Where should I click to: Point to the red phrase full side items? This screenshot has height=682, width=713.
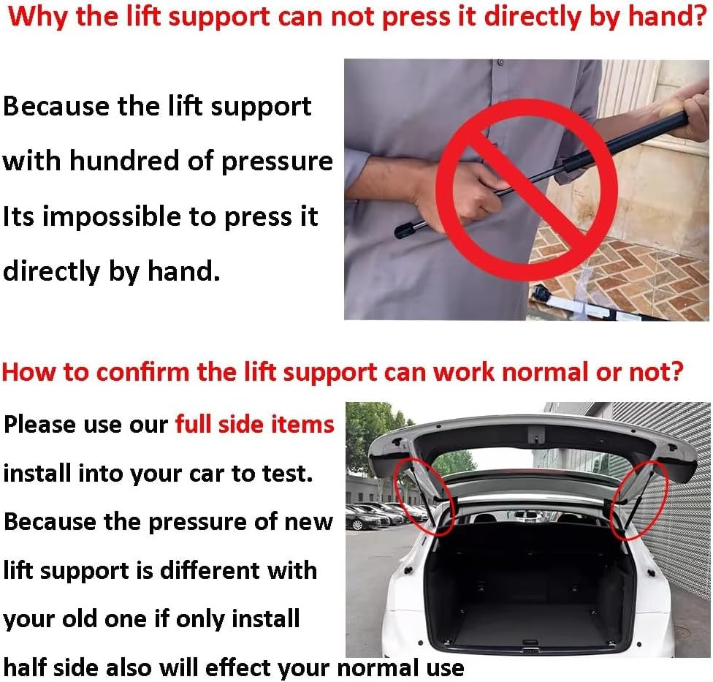click(x=254, y=424)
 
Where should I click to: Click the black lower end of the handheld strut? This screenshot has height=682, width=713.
click(x=406, y=232)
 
